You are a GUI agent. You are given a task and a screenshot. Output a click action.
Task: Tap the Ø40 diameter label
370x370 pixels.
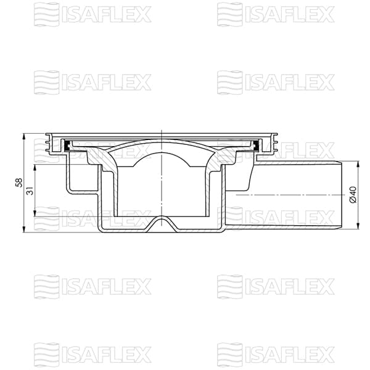coord(352,195)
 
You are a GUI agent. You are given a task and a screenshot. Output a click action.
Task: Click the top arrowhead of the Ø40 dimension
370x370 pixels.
coord(358,163)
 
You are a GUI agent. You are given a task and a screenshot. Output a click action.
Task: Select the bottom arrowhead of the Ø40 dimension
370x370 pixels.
coord(358,227)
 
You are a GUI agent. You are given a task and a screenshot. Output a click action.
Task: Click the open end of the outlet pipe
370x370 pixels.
coord(340,195)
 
